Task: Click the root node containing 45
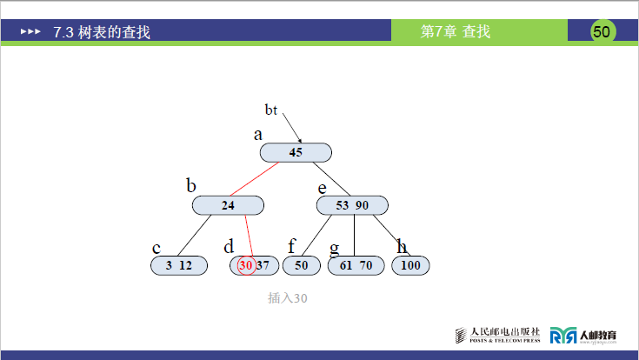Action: click(x=296, y=152)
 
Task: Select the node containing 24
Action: click(x=228, y=205)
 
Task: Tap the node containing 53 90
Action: click(x=352, y=205)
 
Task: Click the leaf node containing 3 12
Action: click(x=179, y=266)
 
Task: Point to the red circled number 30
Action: click(x=246, y=265)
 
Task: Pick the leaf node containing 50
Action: click(x=302, y=266)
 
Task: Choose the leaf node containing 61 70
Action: click(x=356, y=266)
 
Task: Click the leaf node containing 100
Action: click(x=410, y=266)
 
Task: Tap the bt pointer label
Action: click(x=271, y=110)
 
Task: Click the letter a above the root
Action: click(x=257, y=135)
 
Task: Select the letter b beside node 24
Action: click(x=191, y=185)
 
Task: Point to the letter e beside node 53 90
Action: click(x=322, y=187)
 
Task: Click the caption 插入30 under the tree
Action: click(x=288, y=297)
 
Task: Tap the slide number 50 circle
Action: click(x=602, y=31)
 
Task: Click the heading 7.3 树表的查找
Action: click(x=102, y=32)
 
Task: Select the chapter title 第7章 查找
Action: click(x=456, y=32)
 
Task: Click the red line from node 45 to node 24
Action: click(x=256, y=179)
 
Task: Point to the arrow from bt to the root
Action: click(x=291, y=127)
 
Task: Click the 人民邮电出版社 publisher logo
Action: click(x=498, y=335)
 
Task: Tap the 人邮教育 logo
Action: click(x=583, y=335)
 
